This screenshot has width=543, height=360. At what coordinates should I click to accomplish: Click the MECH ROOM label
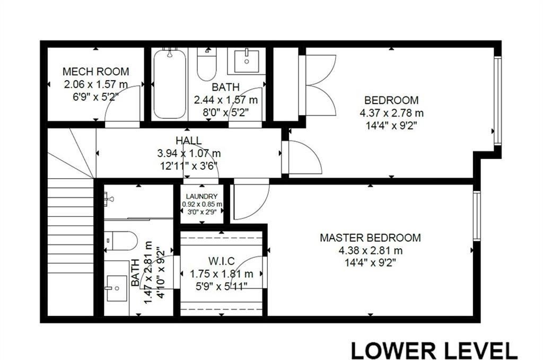[x=95, y=72]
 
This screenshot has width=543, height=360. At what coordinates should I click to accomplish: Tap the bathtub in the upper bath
[x=170, y=84]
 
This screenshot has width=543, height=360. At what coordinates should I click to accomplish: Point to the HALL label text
[x=189, y=141]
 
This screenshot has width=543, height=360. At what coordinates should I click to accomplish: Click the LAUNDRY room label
[x=202, y=197]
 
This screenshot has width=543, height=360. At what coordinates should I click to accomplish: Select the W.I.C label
[x=221, y=261]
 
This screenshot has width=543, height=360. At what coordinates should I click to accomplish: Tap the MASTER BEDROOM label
[x=370, y=238]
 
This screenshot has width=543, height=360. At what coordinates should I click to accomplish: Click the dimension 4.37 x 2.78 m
[x=391, y=113]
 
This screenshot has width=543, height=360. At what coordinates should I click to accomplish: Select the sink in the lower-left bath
[x=117, y=288]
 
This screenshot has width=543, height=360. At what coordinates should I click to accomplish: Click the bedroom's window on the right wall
[x=497, y=101]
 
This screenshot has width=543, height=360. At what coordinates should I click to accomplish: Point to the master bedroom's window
[x=477, y=216]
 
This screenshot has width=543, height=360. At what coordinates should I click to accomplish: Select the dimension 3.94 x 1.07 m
[x=189, y=153]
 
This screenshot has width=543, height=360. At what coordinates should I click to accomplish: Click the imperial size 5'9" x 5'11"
[x=221, y=286]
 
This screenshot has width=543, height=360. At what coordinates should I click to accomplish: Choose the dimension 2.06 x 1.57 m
[x=95, y=84]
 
